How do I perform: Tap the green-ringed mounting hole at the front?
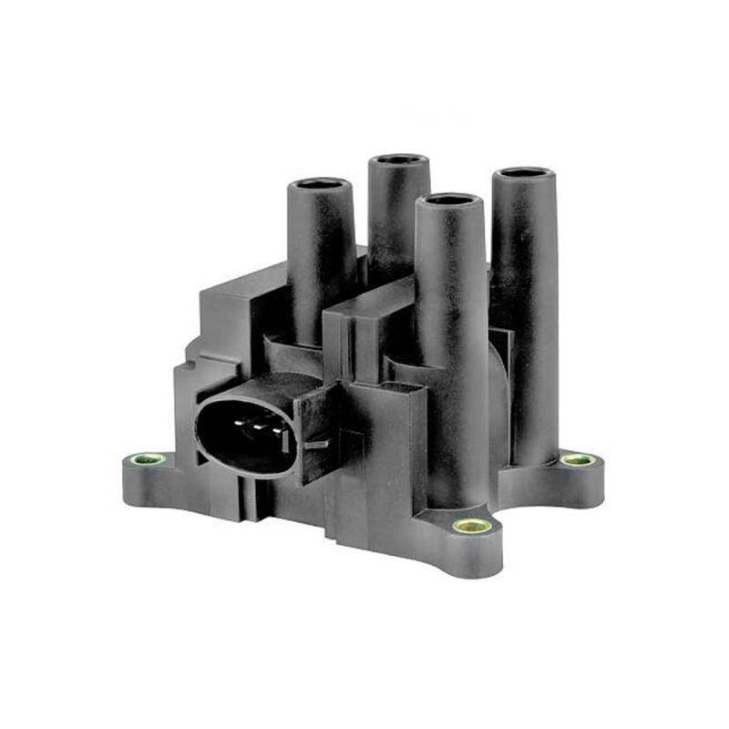469,526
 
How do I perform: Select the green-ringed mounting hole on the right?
577,460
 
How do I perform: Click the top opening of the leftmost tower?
321,184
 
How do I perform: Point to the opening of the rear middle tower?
399,160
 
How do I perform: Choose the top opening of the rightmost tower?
526,173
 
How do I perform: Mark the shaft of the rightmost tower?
527,301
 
